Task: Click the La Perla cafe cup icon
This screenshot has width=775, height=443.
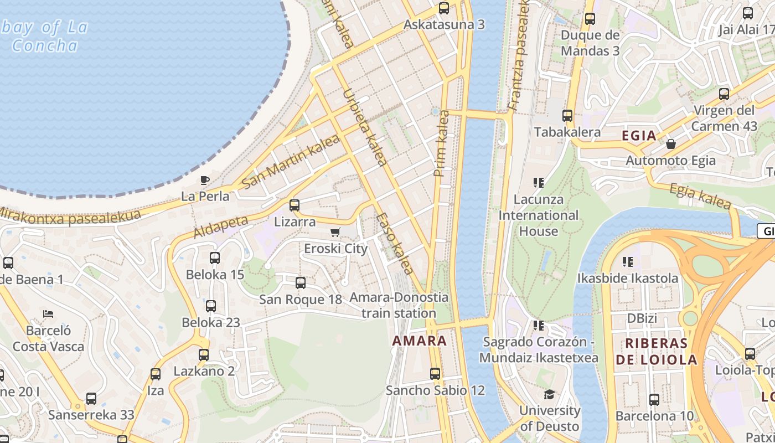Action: pyautogui.click(x=204, y=180)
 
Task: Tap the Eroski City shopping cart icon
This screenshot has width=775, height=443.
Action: pyautogui.click(x=335, y=232)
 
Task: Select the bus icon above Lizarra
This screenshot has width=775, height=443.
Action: pyautogui.click(x=294, y=205)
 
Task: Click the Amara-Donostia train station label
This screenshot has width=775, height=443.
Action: pyautogui.click(x=399, y=305)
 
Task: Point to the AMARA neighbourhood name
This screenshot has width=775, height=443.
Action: pyautogui.click(x=419, y=341)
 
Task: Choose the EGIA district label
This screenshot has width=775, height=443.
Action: pyautogui.click(x=639, y=136)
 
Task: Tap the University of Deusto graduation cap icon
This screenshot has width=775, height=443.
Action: pyautogui.click(x=549, y=394)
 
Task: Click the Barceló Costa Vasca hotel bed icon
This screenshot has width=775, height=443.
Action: pyautogui.click(x=48, y=314)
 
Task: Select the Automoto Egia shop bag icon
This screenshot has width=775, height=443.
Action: pyautogui.click(x=671, y=144)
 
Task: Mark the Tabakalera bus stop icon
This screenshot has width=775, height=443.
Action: pyautogui.click(x=567, y=116)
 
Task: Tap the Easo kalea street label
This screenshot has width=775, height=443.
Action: pyautogui.click(x=394, y=244)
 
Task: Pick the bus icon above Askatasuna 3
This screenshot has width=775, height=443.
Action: pyautogui.click(x=444, y=8)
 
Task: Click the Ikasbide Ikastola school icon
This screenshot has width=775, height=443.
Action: pyautogui.click(x=628, y=261)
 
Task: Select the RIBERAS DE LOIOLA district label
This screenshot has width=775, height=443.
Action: pyautogui.click(x=656, y=352)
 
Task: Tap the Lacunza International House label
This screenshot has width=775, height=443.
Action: pyautogui.click(x=538, y=215)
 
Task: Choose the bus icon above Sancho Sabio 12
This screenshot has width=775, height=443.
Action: pyautogui.click(x=435, y=374)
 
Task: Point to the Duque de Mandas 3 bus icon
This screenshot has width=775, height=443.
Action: pyautogui.click(x=590, y=19)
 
